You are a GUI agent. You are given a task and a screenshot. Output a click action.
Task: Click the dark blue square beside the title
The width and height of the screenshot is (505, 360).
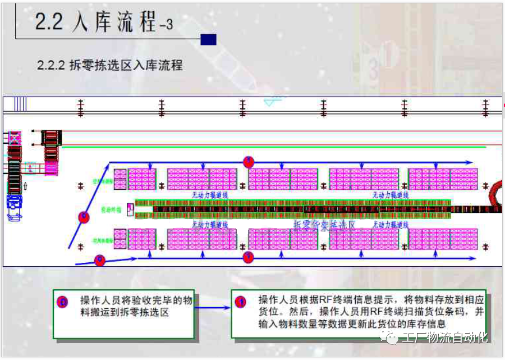tap(208, 39)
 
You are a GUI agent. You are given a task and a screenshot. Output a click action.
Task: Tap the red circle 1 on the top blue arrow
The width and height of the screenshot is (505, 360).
tap(249, 162)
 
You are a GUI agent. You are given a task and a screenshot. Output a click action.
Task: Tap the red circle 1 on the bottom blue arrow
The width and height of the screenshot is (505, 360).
tap(249, 257)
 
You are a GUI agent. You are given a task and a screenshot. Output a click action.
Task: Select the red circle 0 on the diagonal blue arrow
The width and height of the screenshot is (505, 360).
tap(84, 216)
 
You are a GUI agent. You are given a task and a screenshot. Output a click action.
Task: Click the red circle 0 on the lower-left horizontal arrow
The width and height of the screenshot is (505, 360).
tap(100, 260)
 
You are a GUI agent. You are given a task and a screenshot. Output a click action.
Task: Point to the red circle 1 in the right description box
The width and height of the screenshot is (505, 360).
tap(240, 302)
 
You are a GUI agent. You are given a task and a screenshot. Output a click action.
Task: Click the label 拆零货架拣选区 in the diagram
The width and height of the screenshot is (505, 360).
tap(325, 225)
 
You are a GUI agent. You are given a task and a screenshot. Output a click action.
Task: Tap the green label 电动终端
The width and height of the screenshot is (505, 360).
tap(107, 208)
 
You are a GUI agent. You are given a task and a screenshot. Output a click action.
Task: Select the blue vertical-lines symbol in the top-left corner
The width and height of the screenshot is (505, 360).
tap(20, 104)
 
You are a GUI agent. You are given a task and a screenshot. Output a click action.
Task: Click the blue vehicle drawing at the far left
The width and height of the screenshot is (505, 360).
tap(13, 202)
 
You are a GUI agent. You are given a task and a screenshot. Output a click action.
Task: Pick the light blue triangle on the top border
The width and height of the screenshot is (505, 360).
tap(272, 102)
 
